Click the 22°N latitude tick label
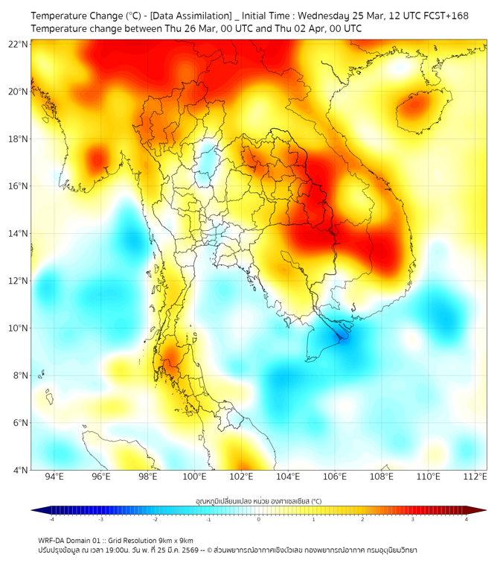click(18, 44)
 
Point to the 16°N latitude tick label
click(18, 186)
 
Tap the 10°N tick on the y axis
click(18, 328)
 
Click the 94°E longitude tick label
click(54, 477)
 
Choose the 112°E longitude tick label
click(475, 477)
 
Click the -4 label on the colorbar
click(51, 520)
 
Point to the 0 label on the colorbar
click(259, 520)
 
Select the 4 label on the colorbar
click(467, 520)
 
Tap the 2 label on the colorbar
click(363, 520)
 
